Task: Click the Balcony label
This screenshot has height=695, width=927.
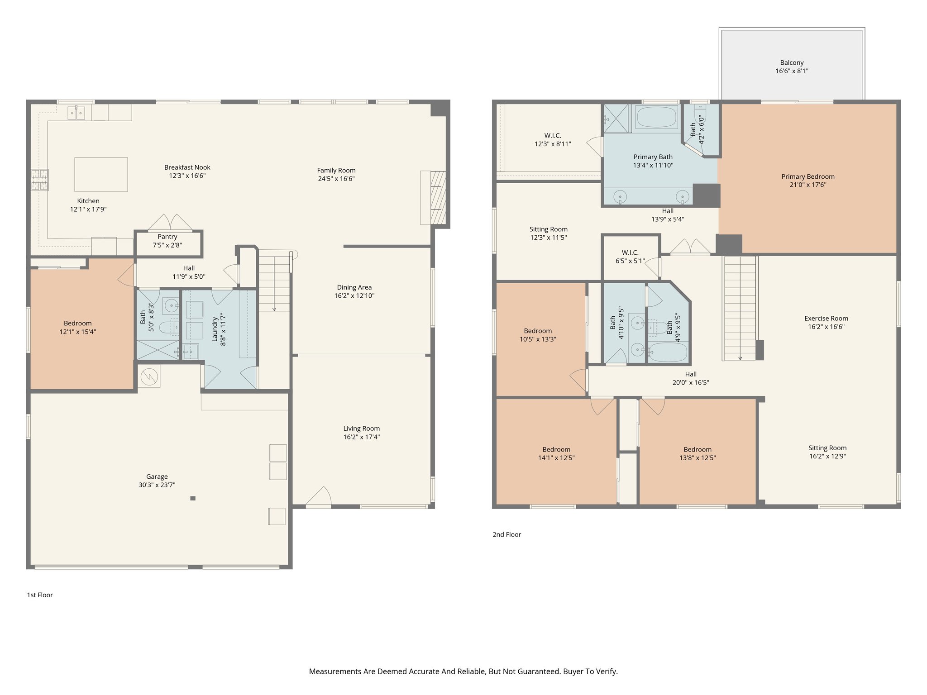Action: [792, 63]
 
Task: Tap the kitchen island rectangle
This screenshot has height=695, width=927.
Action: [101, 174]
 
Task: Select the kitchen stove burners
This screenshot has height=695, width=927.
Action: [40, 180]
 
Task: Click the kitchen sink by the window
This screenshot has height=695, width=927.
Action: [76, 113]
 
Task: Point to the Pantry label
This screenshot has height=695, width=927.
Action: [167, 237]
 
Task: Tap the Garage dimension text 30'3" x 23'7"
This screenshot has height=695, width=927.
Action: [157, 485]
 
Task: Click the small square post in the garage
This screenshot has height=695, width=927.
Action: [193, 498]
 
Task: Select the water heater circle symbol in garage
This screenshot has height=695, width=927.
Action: [149, 376]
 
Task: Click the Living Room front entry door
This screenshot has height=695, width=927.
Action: [319, 498]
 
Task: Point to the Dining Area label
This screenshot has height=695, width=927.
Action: [354, 287]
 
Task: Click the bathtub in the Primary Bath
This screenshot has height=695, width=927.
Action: [657, 117]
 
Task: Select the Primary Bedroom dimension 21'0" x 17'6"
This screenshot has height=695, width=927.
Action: [808, 185]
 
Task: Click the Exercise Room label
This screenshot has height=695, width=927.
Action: [826, 319]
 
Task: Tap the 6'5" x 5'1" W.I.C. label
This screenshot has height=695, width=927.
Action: [630, 261]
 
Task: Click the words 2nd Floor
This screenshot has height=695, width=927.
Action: [507, 534]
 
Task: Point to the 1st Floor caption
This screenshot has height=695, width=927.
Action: [40, 595]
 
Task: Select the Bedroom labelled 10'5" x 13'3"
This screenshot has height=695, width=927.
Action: [538, 335]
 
